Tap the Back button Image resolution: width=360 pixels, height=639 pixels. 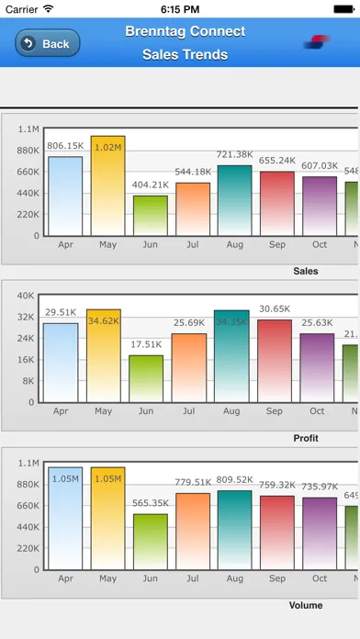tap(48, 43)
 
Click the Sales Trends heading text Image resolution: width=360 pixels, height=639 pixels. tap(185, 54)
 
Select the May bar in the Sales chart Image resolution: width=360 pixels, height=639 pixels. tap(107, 186)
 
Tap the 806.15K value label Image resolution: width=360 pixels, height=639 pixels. tap(65, 146)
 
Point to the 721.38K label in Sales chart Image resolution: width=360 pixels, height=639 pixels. tap(234, 154)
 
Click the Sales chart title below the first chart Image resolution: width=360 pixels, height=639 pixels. tap(306, 271)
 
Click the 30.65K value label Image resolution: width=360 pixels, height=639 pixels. tap(276, 308)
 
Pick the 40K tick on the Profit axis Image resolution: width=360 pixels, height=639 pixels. tap(26, 295)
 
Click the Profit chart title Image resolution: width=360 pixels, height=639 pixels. tap(306, 438)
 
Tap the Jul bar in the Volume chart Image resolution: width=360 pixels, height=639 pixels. tap(192, 532)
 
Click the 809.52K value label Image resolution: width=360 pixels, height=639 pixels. tap(234, 479)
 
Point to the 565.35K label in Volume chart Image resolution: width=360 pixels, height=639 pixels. tap(151, 503)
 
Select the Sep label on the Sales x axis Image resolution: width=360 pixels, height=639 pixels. tap(276, 244)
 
